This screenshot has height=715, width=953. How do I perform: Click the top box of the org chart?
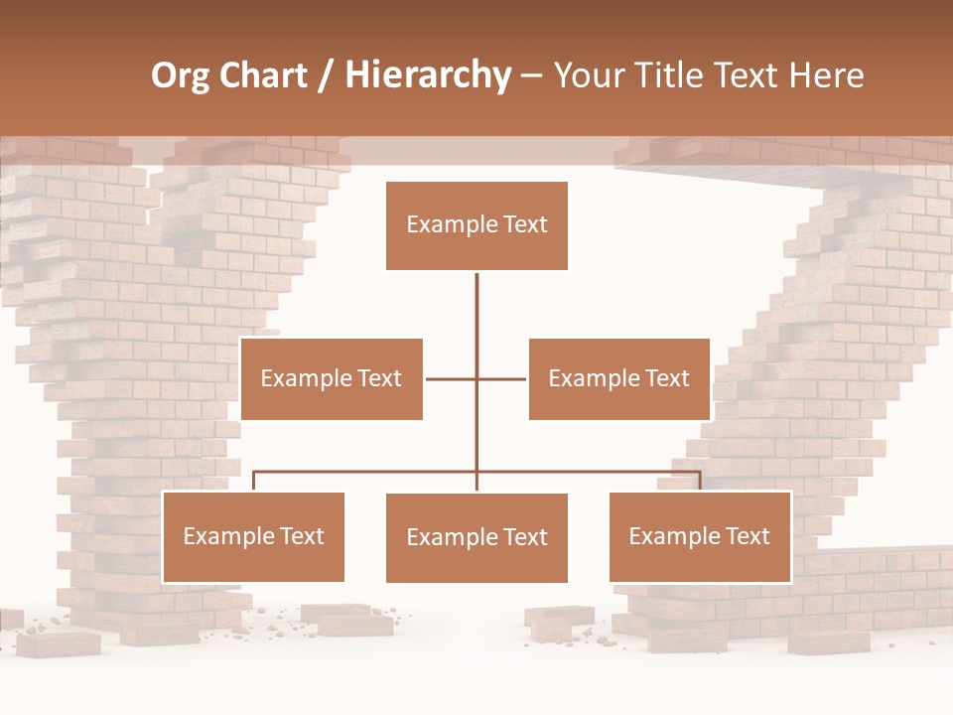coord(476,225)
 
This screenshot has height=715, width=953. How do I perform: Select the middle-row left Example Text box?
coord(332,378)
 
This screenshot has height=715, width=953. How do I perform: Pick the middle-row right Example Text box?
coord(618,378)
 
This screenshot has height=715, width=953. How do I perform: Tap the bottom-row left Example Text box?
coord(253,536)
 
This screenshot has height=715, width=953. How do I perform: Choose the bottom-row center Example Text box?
coord(476,537)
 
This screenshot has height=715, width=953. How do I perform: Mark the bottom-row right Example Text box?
coord(700,536)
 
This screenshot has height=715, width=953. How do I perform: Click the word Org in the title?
coord(180,75)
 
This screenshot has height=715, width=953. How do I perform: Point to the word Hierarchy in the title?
coord(427,75)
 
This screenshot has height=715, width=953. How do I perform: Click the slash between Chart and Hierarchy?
coord(326,75)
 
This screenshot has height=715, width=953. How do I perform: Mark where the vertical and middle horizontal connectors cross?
coord(476,378)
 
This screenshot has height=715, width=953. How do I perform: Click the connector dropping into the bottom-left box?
coord(253,482)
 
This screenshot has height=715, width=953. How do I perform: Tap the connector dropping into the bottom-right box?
coord(700,482)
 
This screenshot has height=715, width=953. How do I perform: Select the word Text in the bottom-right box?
coord(747,536)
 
